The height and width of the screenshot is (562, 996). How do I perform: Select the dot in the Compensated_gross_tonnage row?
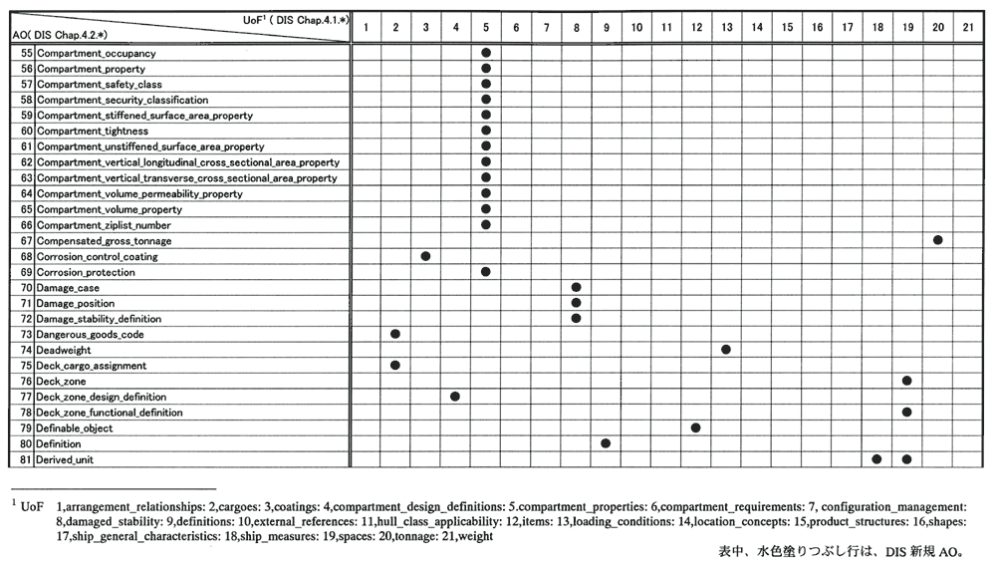[937, 240]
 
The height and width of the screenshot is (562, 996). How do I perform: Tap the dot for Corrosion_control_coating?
[425, 256]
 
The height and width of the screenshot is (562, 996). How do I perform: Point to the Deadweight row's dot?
[726, 350]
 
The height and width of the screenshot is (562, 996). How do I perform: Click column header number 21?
[968, 27]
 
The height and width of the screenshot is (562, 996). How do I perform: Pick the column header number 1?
[367, 27]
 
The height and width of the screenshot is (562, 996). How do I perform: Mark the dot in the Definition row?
[606, 443]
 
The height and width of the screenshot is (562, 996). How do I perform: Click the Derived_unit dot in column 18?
[876, 459]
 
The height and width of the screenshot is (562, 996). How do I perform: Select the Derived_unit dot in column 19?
[906, 459]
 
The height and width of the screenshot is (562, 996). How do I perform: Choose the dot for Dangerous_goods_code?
[395, 334]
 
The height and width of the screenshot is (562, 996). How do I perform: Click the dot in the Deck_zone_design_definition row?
[455, 397]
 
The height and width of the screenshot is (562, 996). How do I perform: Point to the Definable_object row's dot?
[695, 427]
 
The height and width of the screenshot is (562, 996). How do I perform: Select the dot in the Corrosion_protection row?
[486, 271]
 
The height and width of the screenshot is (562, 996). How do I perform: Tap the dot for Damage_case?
[576, 287]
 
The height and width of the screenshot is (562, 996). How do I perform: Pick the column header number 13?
[726, 27]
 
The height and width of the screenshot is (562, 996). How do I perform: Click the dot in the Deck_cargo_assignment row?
[395, 366]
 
